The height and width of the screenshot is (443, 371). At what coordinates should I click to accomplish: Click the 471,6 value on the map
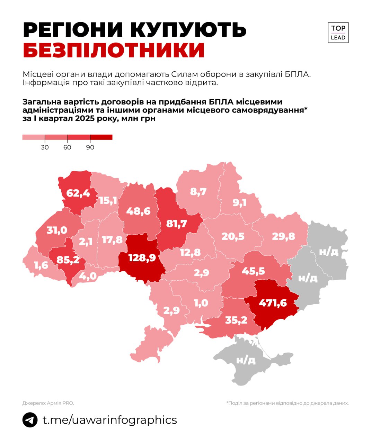click(273, 303)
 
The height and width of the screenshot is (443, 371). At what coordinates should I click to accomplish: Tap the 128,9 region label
click(142, 257)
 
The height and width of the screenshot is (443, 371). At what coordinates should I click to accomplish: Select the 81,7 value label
click(176, 224)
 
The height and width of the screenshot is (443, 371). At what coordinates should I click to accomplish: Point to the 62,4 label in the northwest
click(78, 193)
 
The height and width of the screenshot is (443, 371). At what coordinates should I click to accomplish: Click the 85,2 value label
click(68, 259)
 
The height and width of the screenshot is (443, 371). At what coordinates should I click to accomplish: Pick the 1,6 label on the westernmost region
click(41, 265)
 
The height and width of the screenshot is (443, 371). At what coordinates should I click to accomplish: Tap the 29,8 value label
click(283, 236)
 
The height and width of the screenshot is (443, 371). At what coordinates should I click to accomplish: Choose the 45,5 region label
click(253, 271)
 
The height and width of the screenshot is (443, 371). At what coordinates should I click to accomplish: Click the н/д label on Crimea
click(246, 360)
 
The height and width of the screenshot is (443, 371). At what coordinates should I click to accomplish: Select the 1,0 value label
click(201, 303)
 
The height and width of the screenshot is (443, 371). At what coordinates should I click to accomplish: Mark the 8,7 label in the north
click(198, 191)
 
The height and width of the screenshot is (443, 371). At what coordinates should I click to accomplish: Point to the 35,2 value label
click(236, 320)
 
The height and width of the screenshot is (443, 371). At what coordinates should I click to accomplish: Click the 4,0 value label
click(88, 276)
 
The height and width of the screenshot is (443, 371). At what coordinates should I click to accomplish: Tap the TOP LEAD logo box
click(338, 33)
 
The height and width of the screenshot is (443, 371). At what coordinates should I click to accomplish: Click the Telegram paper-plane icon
click(30, 420)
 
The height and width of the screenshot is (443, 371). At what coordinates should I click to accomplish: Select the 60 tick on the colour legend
click(67, 147)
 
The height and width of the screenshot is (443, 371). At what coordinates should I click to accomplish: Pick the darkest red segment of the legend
click(101, 137)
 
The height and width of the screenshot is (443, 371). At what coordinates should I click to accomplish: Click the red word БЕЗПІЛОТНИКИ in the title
click(114, 50)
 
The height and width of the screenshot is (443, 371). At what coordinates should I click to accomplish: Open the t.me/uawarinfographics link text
click(109, 420)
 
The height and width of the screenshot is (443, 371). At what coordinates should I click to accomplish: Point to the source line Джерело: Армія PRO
click(48, 403)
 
